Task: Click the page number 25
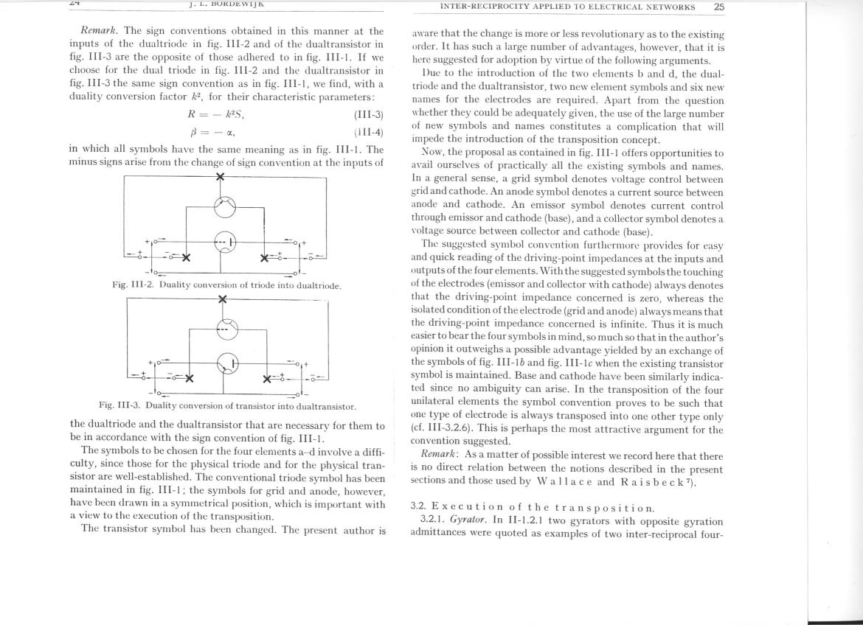tap(719, 7)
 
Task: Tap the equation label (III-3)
tap(369, 115)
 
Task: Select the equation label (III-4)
tap(369, 133)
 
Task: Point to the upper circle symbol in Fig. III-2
tap(224, 207)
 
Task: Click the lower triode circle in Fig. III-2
tap(224, 241)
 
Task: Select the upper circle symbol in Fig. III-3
tap(226, 329)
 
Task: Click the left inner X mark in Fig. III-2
tap(187, 258)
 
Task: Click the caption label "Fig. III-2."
tap(134, 285)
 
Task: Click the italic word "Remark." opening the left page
tap(101, 31)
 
